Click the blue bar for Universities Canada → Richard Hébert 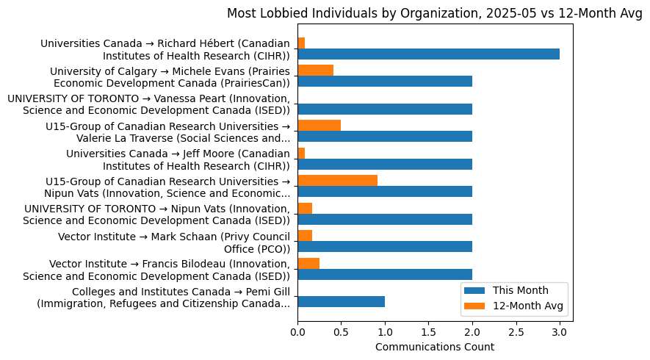tap(428, 54)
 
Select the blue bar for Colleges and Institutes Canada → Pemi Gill tap(341, 301)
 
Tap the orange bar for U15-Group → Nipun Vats tap(337, 181)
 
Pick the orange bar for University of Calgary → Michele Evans tap(315, 71)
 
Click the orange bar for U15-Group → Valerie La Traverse tap(319, 126)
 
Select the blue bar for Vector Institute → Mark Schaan tap(385, 246)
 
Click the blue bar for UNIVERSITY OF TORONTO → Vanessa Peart tap(385, 109)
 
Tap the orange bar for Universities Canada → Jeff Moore tap(301, 153)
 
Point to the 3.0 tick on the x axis tap(560, 332)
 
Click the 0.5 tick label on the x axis tap(341, 332)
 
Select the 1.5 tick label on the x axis tap(428, 332)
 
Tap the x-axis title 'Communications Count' tap(434, 347)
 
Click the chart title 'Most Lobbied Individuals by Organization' tap(434, 13)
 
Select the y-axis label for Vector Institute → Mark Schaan tap(175, 242)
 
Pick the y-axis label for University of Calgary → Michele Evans tap(170, 76)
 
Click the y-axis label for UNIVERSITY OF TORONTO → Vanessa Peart tap(149, 104)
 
